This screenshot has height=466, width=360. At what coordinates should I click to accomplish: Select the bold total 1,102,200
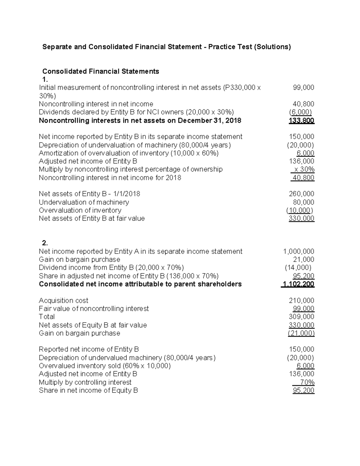[298, 284]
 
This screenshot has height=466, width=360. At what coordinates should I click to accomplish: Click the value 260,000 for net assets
[301, 194]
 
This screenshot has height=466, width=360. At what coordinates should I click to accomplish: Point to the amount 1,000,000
[298, 251]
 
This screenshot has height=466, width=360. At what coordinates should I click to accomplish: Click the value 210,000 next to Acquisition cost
[301, 301]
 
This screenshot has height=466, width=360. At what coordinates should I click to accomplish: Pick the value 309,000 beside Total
[301, 317]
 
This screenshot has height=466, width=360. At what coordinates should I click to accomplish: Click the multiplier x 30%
[304, 170]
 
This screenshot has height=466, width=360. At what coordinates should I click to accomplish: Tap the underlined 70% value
[307, 382]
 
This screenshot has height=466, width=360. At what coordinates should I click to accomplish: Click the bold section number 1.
[45, 80]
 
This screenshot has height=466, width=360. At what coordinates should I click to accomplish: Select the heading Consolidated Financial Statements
[100, 71]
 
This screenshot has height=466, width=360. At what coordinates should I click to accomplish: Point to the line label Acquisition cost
[64, 301]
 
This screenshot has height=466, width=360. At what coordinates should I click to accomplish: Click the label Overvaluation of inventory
[80, 210]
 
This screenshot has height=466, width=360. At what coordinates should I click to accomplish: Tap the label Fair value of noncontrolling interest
[94, 309]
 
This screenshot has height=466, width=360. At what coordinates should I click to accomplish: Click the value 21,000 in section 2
[303, 260]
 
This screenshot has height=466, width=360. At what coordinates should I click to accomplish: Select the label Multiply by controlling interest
[85, 382]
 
